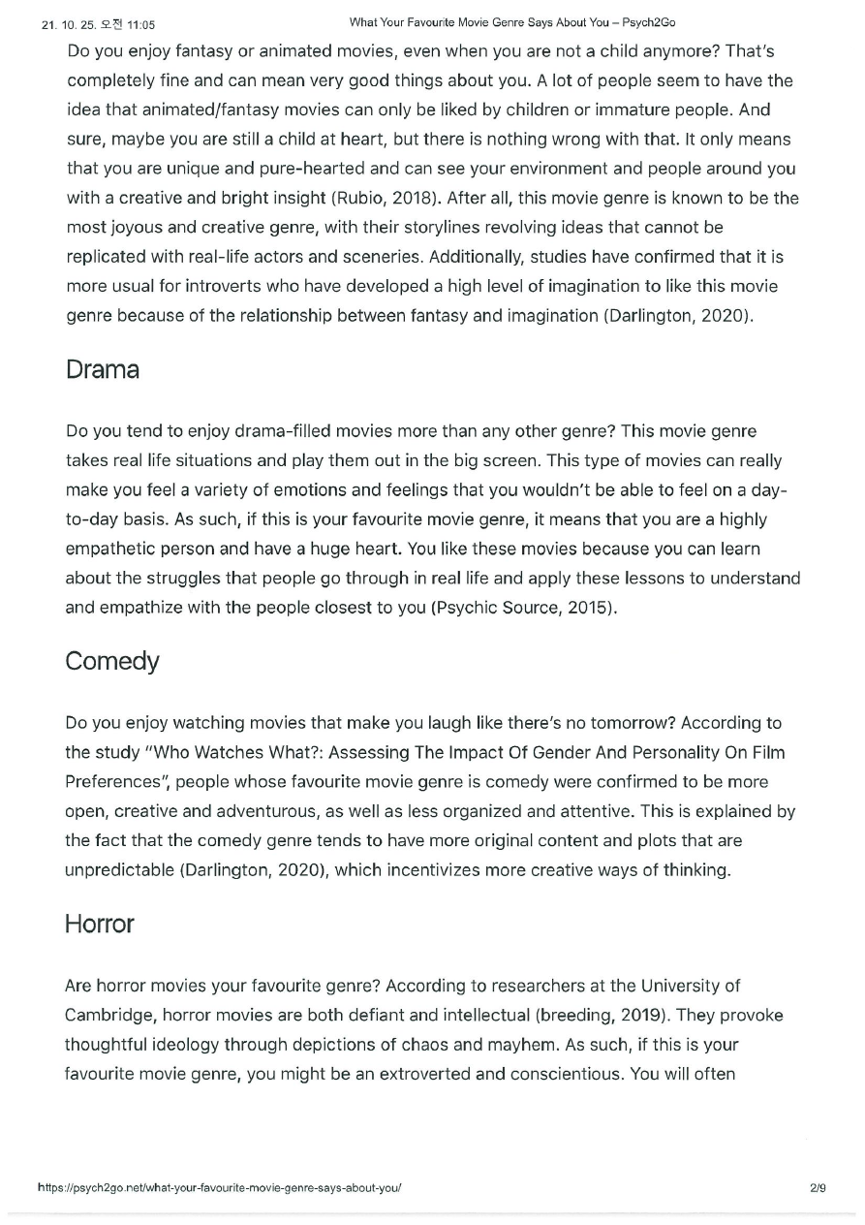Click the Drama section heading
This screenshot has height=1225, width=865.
coord(102,369)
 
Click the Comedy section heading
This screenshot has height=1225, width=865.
coord(111,661)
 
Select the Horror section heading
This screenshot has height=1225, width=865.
coord(99,924)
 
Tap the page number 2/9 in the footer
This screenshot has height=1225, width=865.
coord(818,1186)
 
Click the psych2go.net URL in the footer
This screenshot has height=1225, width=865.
coord(219,1186)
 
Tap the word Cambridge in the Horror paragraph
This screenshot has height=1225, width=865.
coord(109,1015)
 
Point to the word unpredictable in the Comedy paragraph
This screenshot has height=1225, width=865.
coord(119,869)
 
